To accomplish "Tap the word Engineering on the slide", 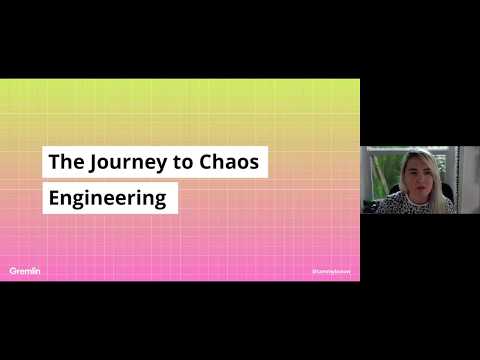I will point(108,197).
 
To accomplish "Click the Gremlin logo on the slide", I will point(25,270).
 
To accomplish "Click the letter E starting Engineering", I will point(54,197).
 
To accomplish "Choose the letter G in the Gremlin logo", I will point(13,270).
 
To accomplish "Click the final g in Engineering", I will point(160,199).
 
